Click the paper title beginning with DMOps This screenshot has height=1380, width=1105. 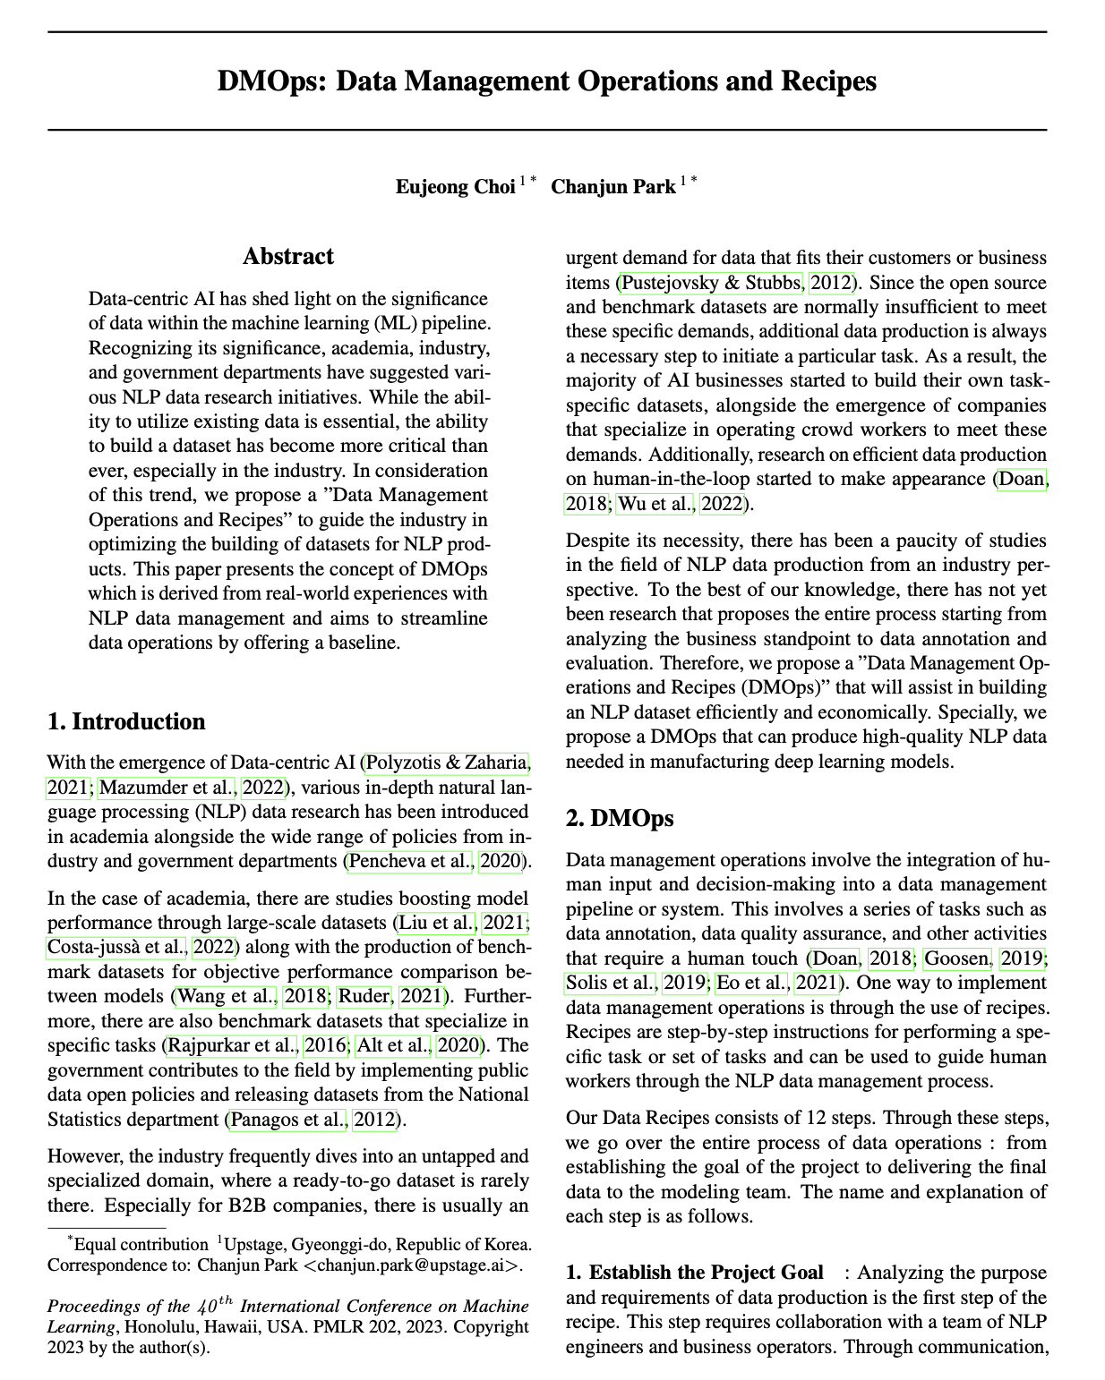[x=546, y=81]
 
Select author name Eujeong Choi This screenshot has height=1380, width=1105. [x=456, y=187]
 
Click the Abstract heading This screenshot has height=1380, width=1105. [x=287, y=257]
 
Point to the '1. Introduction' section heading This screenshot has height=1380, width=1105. [x=126, y=722]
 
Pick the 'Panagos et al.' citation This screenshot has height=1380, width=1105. [x=287, y=1119]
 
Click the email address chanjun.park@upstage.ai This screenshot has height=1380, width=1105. [x=412, y=1265]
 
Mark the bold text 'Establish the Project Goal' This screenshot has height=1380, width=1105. [x=706, y=1273]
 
